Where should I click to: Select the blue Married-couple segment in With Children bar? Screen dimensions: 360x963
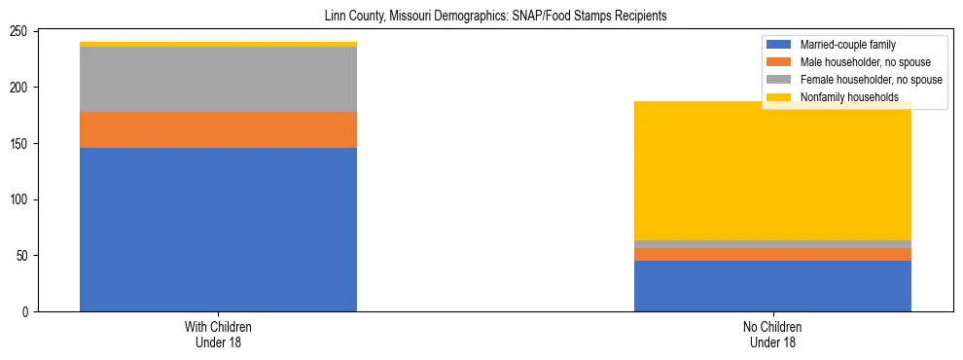(x=218, y=230)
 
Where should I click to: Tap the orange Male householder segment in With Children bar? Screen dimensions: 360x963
(x=218, y=129)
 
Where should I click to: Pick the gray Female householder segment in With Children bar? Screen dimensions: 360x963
(x=218, y=79)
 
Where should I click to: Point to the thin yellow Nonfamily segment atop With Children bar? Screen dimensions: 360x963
(x=218, y=44)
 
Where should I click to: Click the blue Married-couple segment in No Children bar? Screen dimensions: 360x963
(x=772, y=286)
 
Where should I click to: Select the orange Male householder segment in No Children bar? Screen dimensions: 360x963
(x=772, y=254)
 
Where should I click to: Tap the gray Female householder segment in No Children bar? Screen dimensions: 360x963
(x=772, y=244)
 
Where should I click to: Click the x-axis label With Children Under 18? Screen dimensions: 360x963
(x=218, y=335)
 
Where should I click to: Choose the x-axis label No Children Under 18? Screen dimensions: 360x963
(x=772, y=335)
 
